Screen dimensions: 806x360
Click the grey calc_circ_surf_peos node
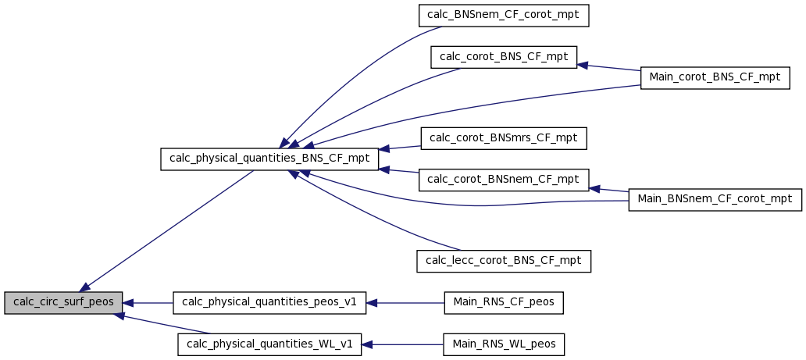[63, 303]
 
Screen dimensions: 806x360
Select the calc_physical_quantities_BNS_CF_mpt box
[269, 159]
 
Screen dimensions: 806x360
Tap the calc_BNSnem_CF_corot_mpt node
[503, 16]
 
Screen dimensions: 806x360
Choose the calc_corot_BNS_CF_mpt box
[504, 57]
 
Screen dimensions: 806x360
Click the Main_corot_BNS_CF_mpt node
[715, 77]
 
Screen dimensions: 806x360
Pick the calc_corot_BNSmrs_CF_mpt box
[504, 138]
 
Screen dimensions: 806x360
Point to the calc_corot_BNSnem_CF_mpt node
[504, 180]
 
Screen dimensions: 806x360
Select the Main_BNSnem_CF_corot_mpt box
[715, 200]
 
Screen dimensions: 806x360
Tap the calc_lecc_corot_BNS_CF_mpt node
[504, 262]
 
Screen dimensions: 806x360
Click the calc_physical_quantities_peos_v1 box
[269, 303]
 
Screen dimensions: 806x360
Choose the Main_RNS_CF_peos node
[504, 303]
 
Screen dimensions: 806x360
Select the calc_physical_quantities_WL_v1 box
[269, 344]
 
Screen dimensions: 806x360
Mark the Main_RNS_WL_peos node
[504, 344]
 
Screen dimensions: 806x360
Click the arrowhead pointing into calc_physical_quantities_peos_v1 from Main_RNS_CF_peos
[371, 304]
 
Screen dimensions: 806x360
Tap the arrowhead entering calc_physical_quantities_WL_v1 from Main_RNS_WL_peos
[366, 344]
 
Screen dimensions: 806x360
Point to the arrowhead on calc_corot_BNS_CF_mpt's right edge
[583, 65]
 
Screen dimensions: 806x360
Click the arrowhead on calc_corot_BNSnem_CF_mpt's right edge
[594, 189]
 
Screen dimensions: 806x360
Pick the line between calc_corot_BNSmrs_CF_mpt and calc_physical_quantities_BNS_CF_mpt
[400, 148]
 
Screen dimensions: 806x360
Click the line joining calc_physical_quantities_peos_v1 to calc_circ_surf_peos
[148, 304]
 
